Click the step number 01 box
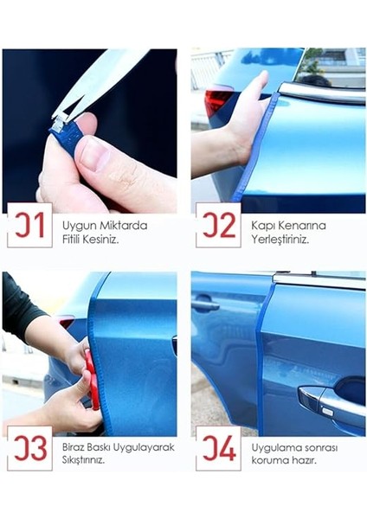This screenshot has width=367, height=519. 29,225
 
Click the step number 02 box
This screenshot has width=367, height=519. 218,225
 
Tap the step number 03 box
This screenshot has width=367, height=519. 29,448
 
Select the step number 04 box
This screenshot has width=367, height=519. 218,448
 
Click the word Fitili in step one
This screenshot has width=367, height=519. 71,240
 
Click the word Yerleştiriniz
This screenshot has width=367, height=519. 280,240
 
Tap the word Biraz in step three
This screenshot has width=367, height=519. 74,447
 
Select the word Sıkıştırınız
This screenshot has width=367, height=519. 83,460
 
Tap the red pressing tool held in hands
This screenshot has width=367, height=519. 92,380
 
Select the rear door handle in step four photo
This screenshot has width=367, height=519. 206,304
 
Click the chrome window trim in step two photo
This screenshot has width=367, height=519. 321,93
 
